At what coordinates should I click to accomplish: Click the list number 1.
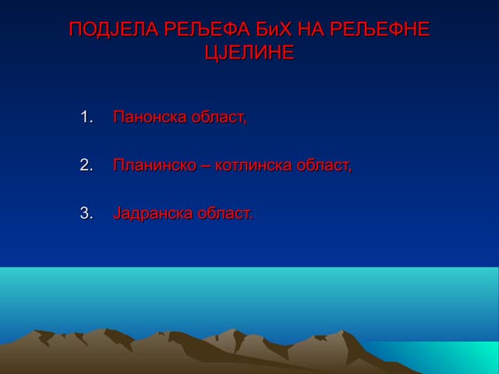87,118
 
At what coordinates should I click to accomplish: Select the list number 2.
87,165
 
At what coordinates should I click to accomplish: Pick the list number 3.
87,212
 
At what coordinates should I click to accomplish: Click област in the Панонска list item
220,118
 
